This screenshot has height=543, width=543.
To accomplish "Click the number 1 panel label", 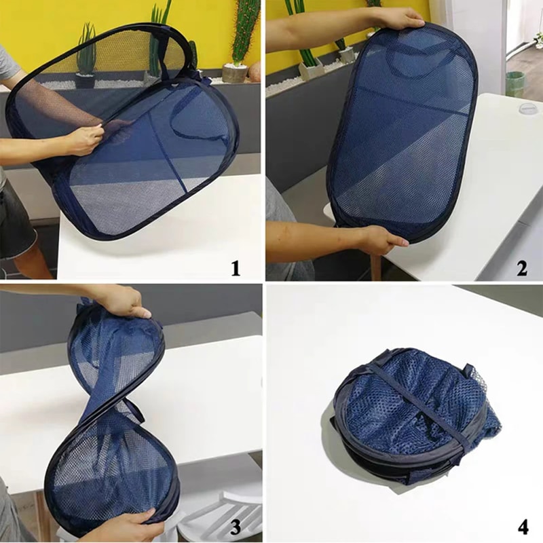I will (235, 268).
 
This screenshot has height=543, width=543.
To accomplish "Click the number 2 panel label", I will (521, 268).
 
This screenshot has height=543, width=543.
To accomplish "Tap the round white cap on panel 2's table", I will (528, 109).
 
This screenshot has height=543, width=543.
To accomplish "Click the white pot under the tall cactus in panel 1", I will (234, 73).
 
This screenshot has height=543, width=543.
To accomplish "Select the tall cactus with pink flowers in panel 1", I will (244, 31).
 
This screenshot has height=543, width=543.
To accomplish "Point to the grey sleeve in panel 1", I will (8, 64).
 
